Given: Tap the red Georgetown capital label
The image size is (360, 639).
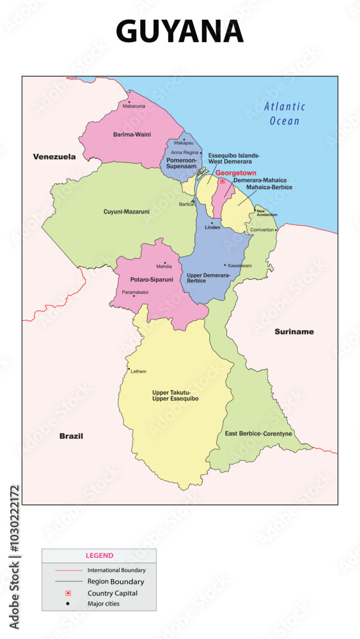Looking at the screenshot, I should [235, 173].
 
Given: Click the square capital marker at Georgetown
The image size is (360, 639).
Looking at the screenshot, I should [222, 181].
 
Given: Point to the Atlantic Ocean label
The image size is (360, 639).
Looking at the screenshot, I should [285, 114].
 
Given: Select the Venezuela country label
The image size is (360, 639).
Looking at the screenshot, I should [54, 157].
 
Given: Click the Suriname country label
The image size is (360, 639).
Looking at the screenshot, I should [294, 332].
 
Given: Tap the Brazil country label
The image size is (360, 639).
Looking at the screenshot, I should [71, 436].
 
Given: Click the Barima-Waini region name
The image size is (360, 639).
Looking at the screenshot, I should [132, 135].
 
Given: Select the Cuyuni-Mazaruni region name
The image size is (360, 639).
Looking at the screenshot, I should [127, 211].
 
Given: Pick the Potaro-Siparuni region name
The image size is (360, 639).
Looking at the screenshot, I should [152, 280].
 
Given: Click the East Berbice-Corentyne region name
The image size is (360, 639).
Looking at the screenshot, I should [258, 434].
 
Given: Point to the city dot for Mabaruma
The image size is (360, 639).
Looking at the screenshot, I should [129, 102].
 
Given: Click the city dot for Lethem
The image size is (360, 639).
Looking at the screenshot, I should [129, 369].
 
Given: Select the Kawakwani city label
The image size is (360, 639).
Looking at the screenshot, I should [240, 265].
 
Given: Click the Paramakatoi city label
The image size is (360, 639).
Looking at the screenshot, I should [135, 292].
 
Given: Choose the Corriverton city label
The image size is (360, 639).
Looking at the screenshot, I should [262, 229].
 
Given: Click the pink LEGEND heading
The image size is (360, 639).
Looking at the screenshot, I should [99, 556].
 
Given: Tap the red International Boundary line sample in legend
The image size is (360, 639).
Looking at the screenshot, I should [65, 570].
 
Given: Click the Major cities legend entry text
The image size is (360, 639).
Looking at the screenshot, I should [104, 604].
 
